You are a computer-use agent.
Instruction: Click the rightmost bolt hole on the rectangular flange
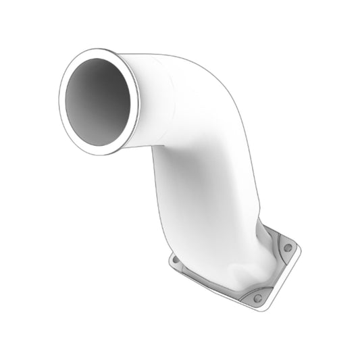coord(288,248)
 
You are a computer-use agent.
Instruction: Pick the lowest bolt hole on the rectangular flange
coord(257,298)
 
